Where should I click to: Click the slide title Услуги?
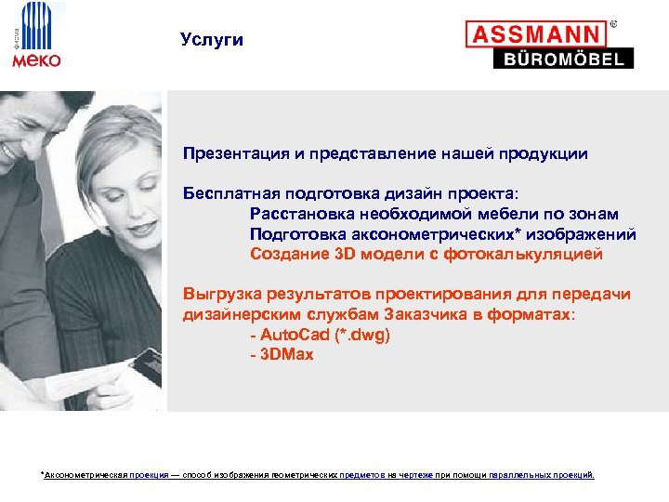(212, 40)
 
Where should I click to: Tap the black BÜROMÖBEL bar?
(562, 59)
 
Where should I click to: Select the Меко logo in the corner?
(36, 37)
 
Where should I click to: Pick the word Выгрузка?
(216, 295)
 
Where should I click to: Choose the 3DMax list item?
(282, 355)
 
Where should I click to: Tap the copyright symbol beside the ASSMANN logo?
(613, 22)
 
